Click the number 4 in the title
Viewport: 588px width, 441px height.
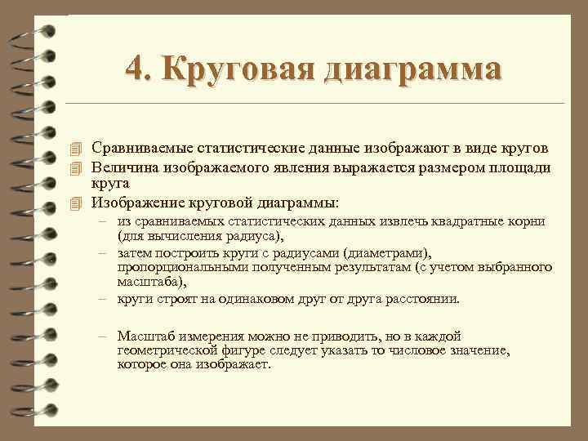tap(136, 69)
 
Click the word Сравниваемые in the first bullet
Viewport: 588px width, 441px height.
tap(145, 148)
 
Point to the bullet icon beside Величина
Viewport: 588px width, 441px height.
tap(77, 167)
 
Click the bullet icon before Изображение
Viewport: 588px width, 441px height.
tap(77, 203)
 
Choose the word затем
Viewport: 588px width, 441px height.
tap(136, 253)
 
